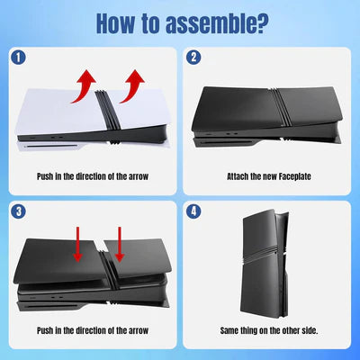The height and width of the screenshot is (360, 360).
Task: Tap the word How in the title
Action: [x=116, y=22]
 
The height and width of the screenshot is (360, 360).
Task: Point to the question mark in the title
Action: [x=261, y=22]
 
